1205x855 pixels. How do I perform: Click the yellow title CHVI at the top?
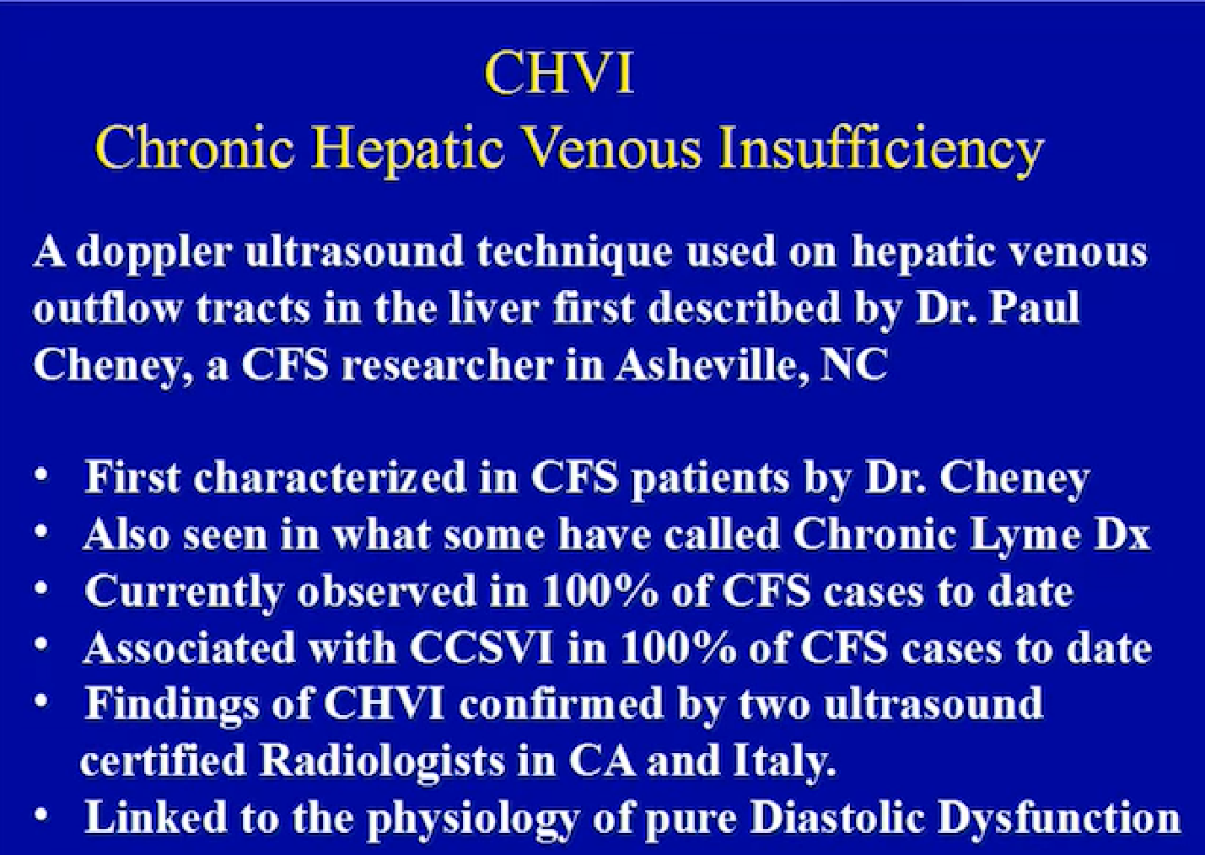[x=559, y=73]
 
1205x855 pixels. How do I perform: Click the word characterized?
[x=329, y=477]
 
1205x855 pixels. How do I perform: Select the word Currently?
[x=184, y=592]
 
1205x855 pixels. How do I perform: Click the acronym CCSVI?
[x=482, y=648]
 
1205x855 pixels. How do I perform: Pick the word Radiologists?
[x=381, y=762]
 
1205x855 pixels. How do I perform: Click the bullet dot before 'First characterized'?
[x=40, y=476]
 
